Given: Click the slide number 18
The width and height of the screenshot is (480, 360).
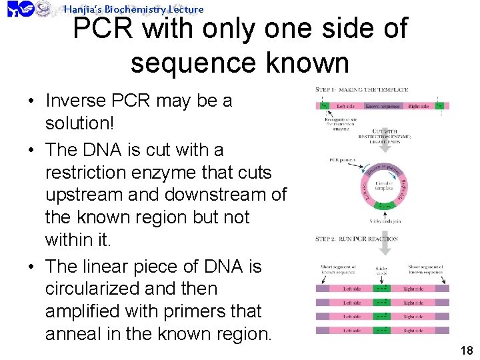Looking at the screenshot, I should click(466, 351).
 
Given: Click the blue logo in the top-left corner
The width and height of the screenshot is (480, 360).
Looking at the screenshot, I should click(20, 9).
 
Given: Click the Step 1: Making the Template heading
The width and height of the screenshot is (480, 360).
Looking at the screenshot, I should click(362, 90).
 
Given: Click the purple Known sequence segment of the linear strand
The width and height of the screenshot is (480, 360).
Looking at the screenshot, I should click(382, 105).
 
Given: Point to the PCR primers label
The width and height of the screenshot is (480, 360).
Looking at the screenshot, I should click(343, 160).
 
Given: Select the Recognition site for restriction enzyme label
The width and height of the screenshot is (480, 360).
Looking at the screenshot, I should click(341, 123).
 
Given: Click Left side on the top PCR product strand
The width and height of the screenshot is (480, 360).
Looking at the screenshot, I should click(352, 289).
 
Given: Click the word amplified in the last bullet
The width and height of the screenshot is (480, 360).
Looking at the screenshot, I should click(87, 311).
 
